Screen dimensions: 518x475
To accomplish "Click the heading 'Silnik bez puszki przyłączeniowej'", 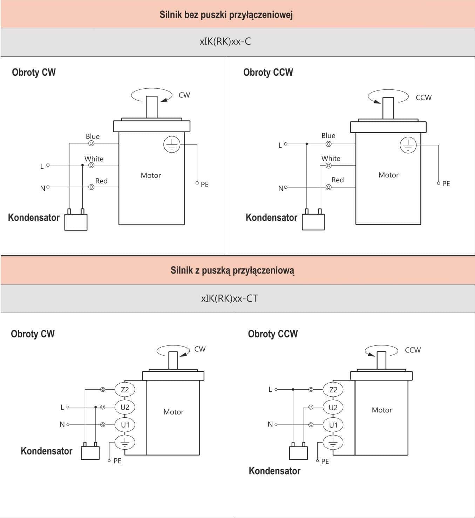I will pyautogui.click(x=226, y=15).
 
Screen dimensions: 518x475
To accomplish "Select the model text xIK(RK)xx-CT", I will pyautogui.click(x=229, y=298).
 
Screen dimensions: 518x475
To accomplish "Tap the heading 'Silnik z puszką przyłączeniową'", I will pyautogui.click(x=232, y=270).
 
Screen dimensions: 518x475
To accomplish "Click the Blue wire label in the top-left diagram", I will pyautogui.click(x=93, y=136).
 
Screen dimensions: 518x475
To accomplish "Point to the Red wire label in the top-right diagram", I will pyautogui.click(x=338, y=180).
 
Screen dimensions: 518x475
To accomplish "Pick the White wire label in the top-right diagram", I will pyautogui.click(x=331, y=159).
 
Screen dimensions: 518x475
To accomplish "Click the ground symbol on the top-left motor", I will pyautogui.click(x=172, y=144).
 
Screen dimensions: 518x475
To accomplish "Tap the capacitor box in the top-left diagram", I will pyautogui.click(x=76, y=222).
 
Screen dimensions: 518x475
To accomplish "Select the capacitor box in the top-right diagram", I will pyautogui.click(x=313, y=222).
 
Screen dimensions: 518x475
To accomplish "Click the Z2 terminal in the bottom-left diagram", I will pyautogui.click(x=125, y=389).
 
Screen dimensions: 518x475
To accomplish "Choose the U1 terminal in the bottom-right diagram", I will pyautogui.click(x=333, y=425).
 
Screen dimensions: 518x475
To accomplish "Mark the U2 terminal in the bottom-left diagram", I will pyautogui.click(x=125, y=407).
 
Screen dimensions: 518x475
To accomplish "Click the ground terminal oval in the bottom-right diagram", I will pyautogui.click(x=333, y=443).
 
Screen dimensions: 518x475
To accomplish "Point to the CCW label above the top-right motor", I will pyautogui.click(x=423, y=97).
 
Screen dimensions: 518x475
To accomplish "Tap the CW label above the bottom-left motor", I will pyautogui.click(x=200, y=349).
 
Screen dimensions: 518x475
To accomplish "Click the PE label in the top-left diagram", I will pyautogui.click(x=205, y=184).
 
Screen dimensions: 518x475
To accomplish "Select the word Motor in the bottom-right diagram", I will pyautogui.click(x=382, y=410).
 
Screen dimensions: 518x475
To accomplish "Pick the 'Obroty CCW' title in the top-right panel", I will pyautogui.click(x=268, y=72).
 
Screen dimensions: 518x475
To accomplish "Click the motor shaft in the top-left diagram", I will pyautogui.click(x=152, y=107).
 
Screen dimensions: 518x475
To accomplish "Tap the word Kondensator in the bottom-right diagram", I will pyautogui.click(x=274, y=471).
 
